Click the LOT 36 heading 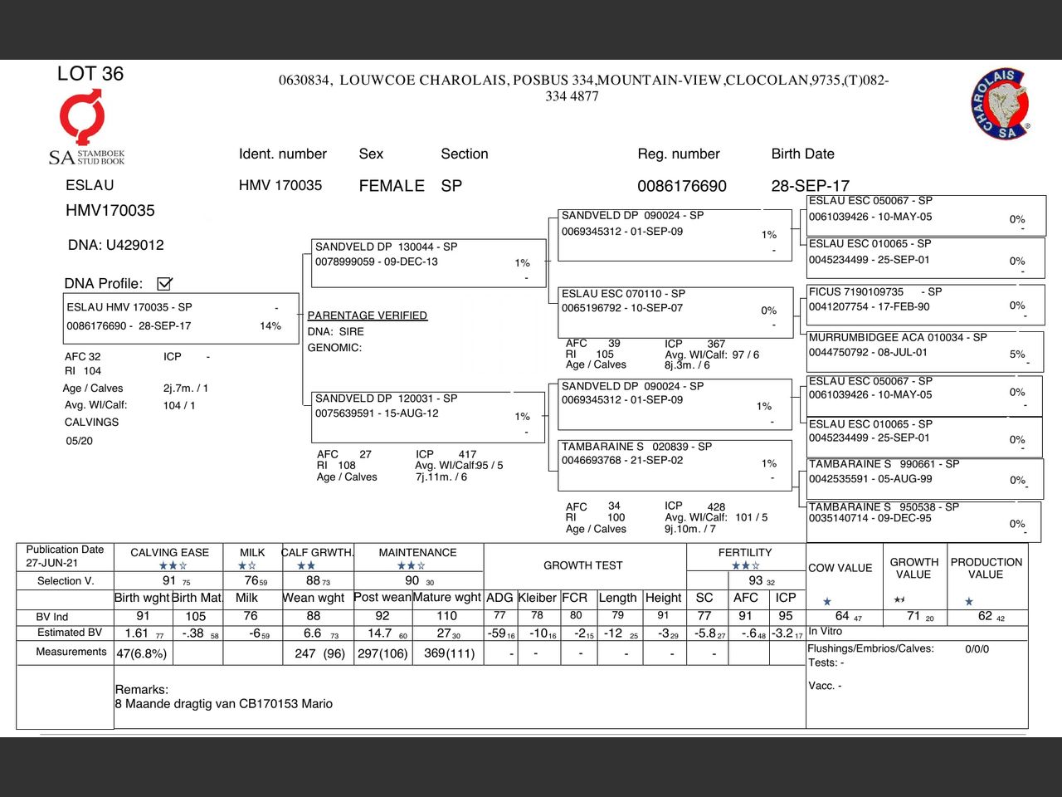90,74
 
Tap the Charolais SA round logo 1000,105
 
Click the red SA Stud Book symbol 81,117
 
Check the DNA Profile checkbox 164,284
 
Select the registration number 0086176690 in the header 681,186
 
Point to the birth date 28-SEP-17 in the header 810,186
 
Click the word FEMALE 392,186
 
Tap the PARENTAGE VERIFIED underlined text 367,315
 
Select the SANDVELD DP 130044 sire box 428,262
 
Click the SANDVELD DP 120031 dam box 428,415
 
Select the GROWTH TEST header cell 582,565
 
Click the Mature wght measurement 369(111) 449,653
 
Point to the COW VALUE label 840,568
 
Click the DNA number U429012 116,245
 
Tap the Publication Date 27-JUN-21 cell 65,556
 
